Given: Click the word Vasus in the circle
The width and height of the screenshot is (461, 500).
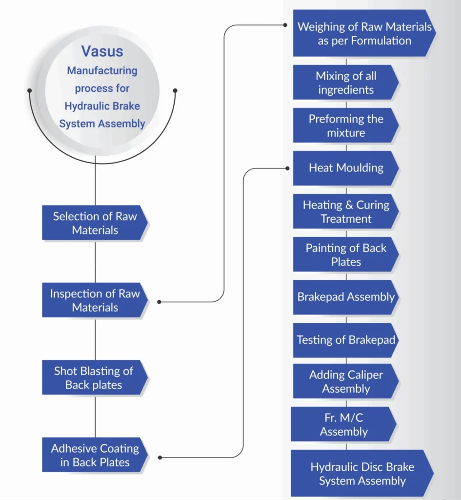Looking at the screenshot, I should pos(102,51).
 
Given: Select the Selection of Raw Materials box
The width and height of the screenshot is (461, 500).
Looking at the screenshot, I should pos(95,223).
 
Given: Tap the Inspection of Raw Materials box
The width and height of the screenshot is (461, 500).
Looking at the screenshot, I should pos(95,300).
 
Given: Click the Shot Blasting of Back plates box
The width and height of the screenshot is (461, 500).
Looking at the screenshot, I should pos(94,377).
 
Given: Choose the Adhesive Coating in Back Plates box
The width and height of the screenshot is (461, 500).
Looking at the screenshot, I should pos(95,455).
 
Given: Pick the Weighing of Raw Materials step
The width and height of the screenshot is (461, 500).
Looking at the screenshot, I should pos(364,33).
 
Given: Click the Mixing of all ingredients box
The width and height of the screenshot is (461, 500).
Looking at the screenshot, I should pos(345,83).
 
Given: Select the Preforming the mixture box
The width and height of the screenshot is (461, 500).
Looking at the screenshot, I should pos(345,125).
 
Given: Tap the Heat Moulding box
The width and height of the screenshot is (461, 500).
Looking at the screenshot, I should pos(345,168).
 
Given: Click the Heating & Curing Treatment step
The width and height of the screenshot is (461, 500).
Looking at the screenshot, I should pos(345,211).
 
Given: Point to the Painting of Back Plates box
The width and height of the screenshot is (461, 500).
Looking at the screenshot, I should pos(345,254).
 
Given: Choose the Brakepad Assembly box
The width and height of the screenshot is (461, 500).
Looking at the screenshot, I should pos(345,297).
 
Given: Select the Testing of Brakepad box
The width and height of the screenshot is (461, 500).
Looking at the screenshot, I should pos(345,340).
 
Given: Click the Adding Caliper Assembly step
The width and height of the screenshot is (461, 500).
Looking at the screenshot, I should pos(345,382).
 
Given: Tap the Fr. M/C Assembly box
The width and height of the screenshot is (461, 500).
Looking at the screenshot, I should pos(343,424).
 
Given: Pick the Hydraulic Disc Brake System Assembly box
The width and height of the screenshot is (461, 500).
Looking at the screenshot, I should pos(362,474).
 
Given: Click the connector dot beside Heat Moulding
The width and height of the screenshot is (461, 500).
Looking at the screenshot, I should pos(287,168).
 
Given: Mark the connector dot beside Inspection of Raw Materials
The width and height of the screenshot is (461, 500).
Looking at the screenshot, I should pos(160,302).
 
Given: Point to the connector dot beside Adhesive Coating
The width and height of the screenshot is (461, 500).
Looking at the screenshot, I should pos(160,458).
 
